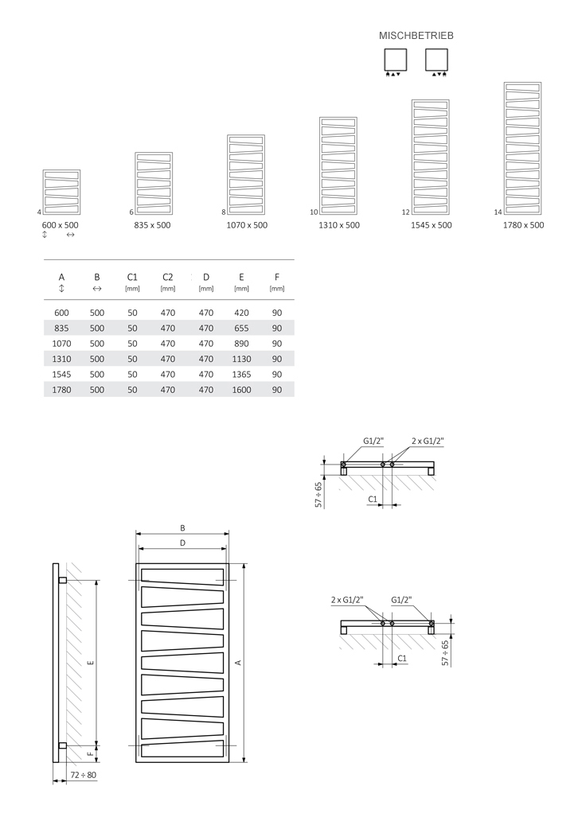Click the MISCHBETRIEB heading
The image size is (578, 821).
click(x=416, y=36)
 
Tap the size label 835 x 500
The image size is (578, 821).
click(x=152, y=225)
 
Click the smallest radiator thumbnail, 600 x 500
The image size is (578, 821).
click(x=61, y=192)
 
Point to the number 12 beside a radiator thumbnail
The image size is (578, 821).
click(x=406, y=212)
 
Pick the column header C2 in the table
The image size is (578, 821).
click(x=167, y=277)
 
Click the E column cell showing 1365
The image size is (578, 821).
click(x=241, y=374)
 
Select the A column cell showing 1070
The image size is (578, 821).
click(x=61, y=343)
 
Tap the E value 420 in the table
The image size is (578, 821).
click(x=241, y=313)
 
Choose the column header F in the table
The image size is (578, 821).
click(x=277, y=277)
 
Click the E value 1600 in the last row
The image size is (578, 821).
click(x=241, y=390)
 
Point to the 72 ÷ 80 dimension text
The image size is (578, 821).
click(x=83, y=774)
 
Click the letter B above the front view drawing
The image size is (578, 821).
click(x=182, y=527)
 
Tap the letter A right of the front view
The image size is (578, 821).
click(x=237, y=662)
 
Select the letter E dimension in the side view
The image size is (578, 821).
click(x=90, y=662)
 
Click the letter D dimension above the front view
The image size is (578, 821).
click(x=182, y=543)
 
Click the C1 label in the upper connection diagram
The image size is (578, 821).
click(x=373, y=498)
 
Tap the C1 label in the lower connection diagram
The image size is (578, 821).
click(x=402, y=658)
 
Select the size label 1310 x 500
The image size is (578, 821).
click(x=339, y=225)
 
